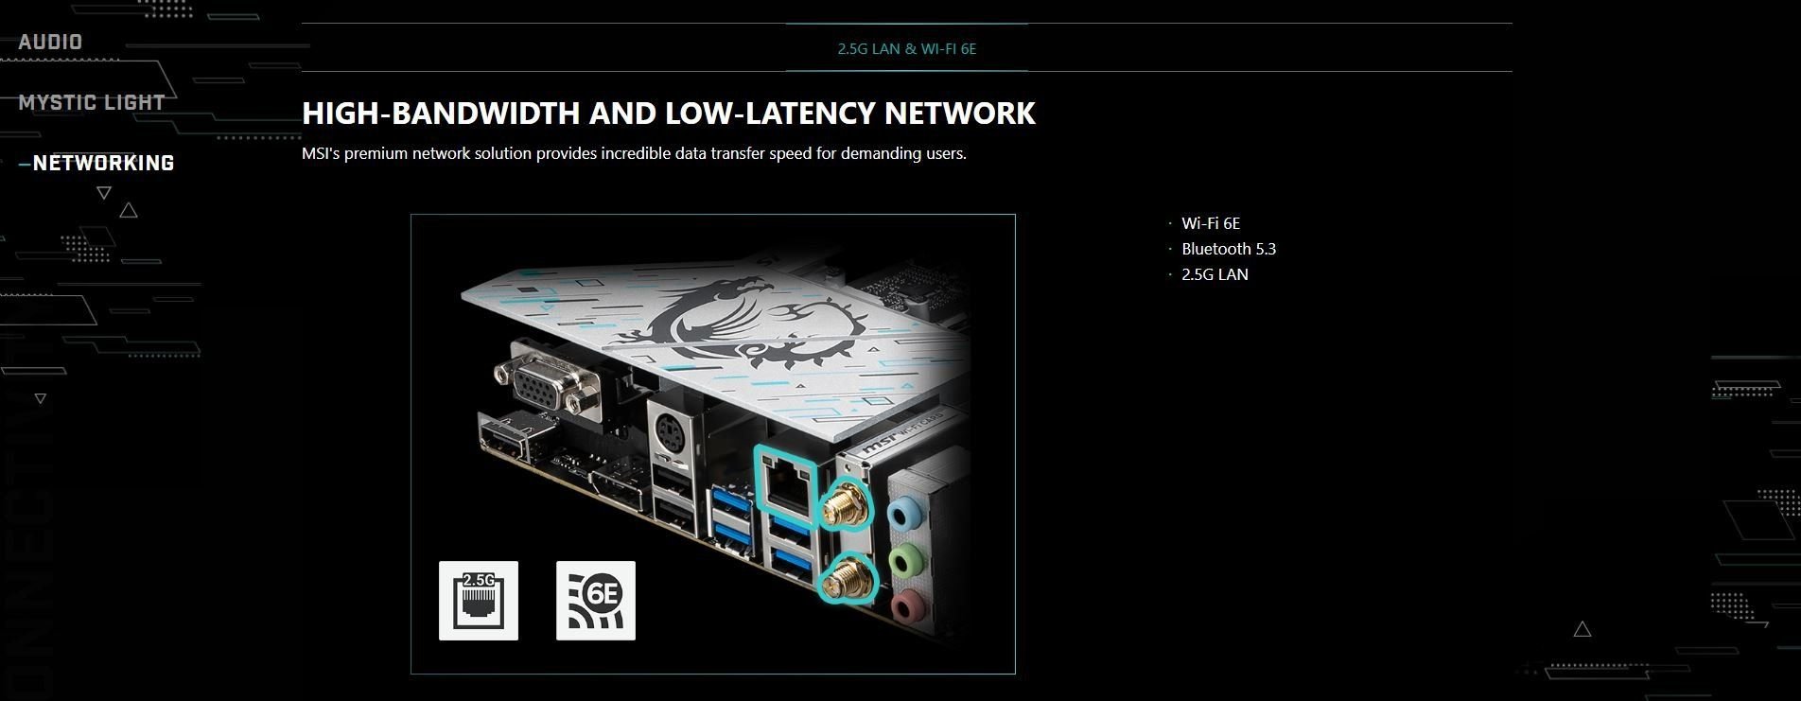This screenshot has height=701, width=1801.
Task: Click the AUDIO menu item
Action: point(50,42)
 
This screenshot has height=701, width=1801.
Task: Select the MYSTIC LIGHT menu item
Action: point(92,102)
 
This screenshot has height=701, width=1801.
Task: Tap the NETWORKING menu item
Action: point(103,163)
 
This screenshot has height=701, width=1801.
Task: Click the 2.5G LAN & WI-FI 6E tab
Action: point(906,48)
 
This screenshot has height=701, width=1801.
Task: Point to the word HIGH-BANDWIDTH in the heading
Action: point(440,114)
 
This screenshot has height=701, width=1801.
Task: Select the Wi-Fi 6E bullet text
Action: point(1210,223)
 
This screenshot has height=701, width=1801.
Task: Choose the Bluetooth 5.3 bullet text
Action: point(1228,249)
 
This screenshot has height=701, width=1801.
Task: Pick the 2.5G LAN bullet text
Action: point(1215,274)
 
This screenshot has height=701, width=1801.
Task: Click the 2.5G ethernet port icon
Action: point(479,601)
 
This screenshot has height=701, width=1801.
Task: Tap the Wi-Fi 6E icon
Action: point(596,601)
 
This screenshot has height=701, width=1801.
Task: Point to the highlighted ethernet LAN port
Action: point(787,485)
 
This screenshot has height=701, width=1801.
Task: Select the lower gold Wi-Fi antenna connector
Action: point(847,577)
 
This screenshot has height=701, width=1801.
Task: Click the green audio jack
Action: point(906,559)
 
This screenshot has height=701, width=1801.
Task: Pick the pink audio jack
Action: point(906,604)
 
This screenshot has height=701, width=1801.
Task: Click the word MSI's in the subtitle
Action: point(321,153)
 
